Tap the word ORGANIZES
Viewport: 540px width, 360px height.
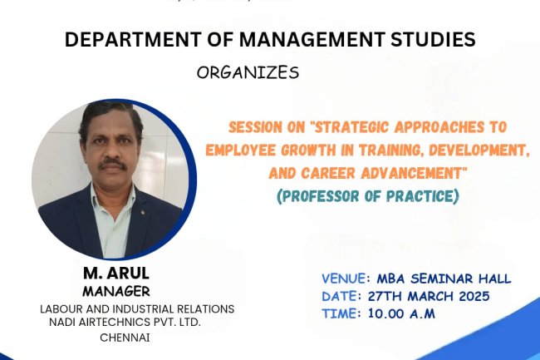[248, 72]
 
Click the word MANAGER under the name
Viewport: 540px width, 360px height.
[116, 292]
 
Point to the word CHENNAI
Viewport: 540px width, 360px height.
[126, 337]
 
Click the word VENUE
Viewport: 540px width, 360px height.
[344, 279]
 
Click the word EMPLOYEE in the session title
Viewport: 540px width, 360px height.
[258, 151]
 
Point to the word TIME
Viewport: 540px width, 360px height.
[340, 313]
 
